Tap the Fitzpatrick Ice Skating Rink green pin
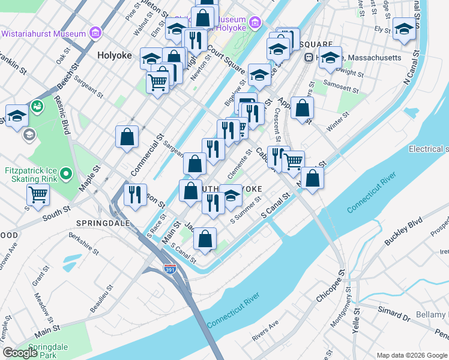[x=67, y=174]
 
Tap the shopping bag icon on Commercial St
[x=127, y=137]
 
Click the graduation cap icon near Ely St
[x=404, y=29]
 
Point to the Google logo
[x=20, y=353]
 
